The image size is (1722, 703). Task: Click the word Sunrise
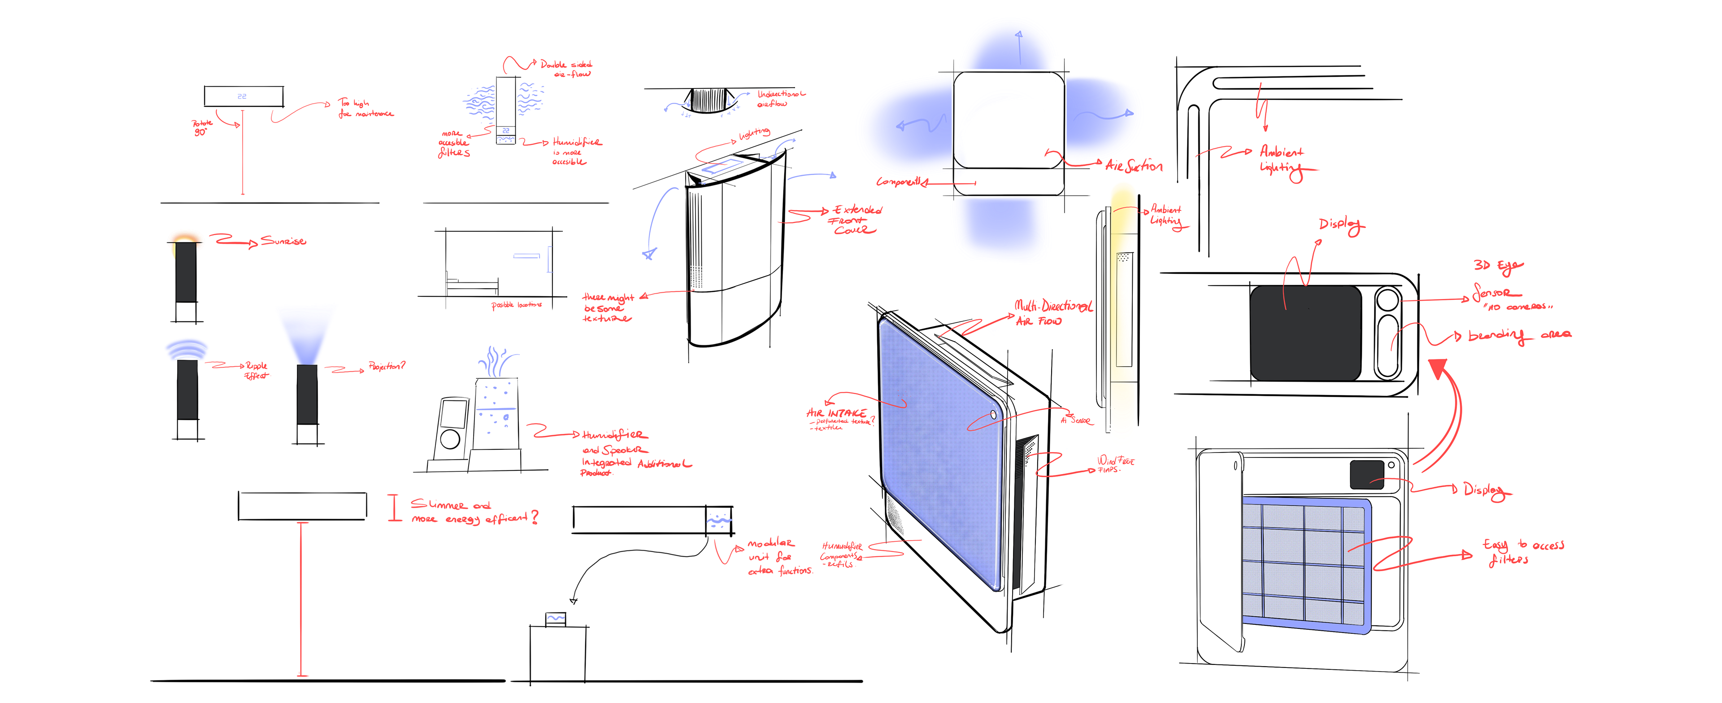tap(283, 241)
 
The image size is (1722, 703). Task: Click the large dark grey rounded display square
tap(1305, 333)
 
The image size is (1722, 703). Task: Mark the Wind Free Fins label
tap(1115, 464)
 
